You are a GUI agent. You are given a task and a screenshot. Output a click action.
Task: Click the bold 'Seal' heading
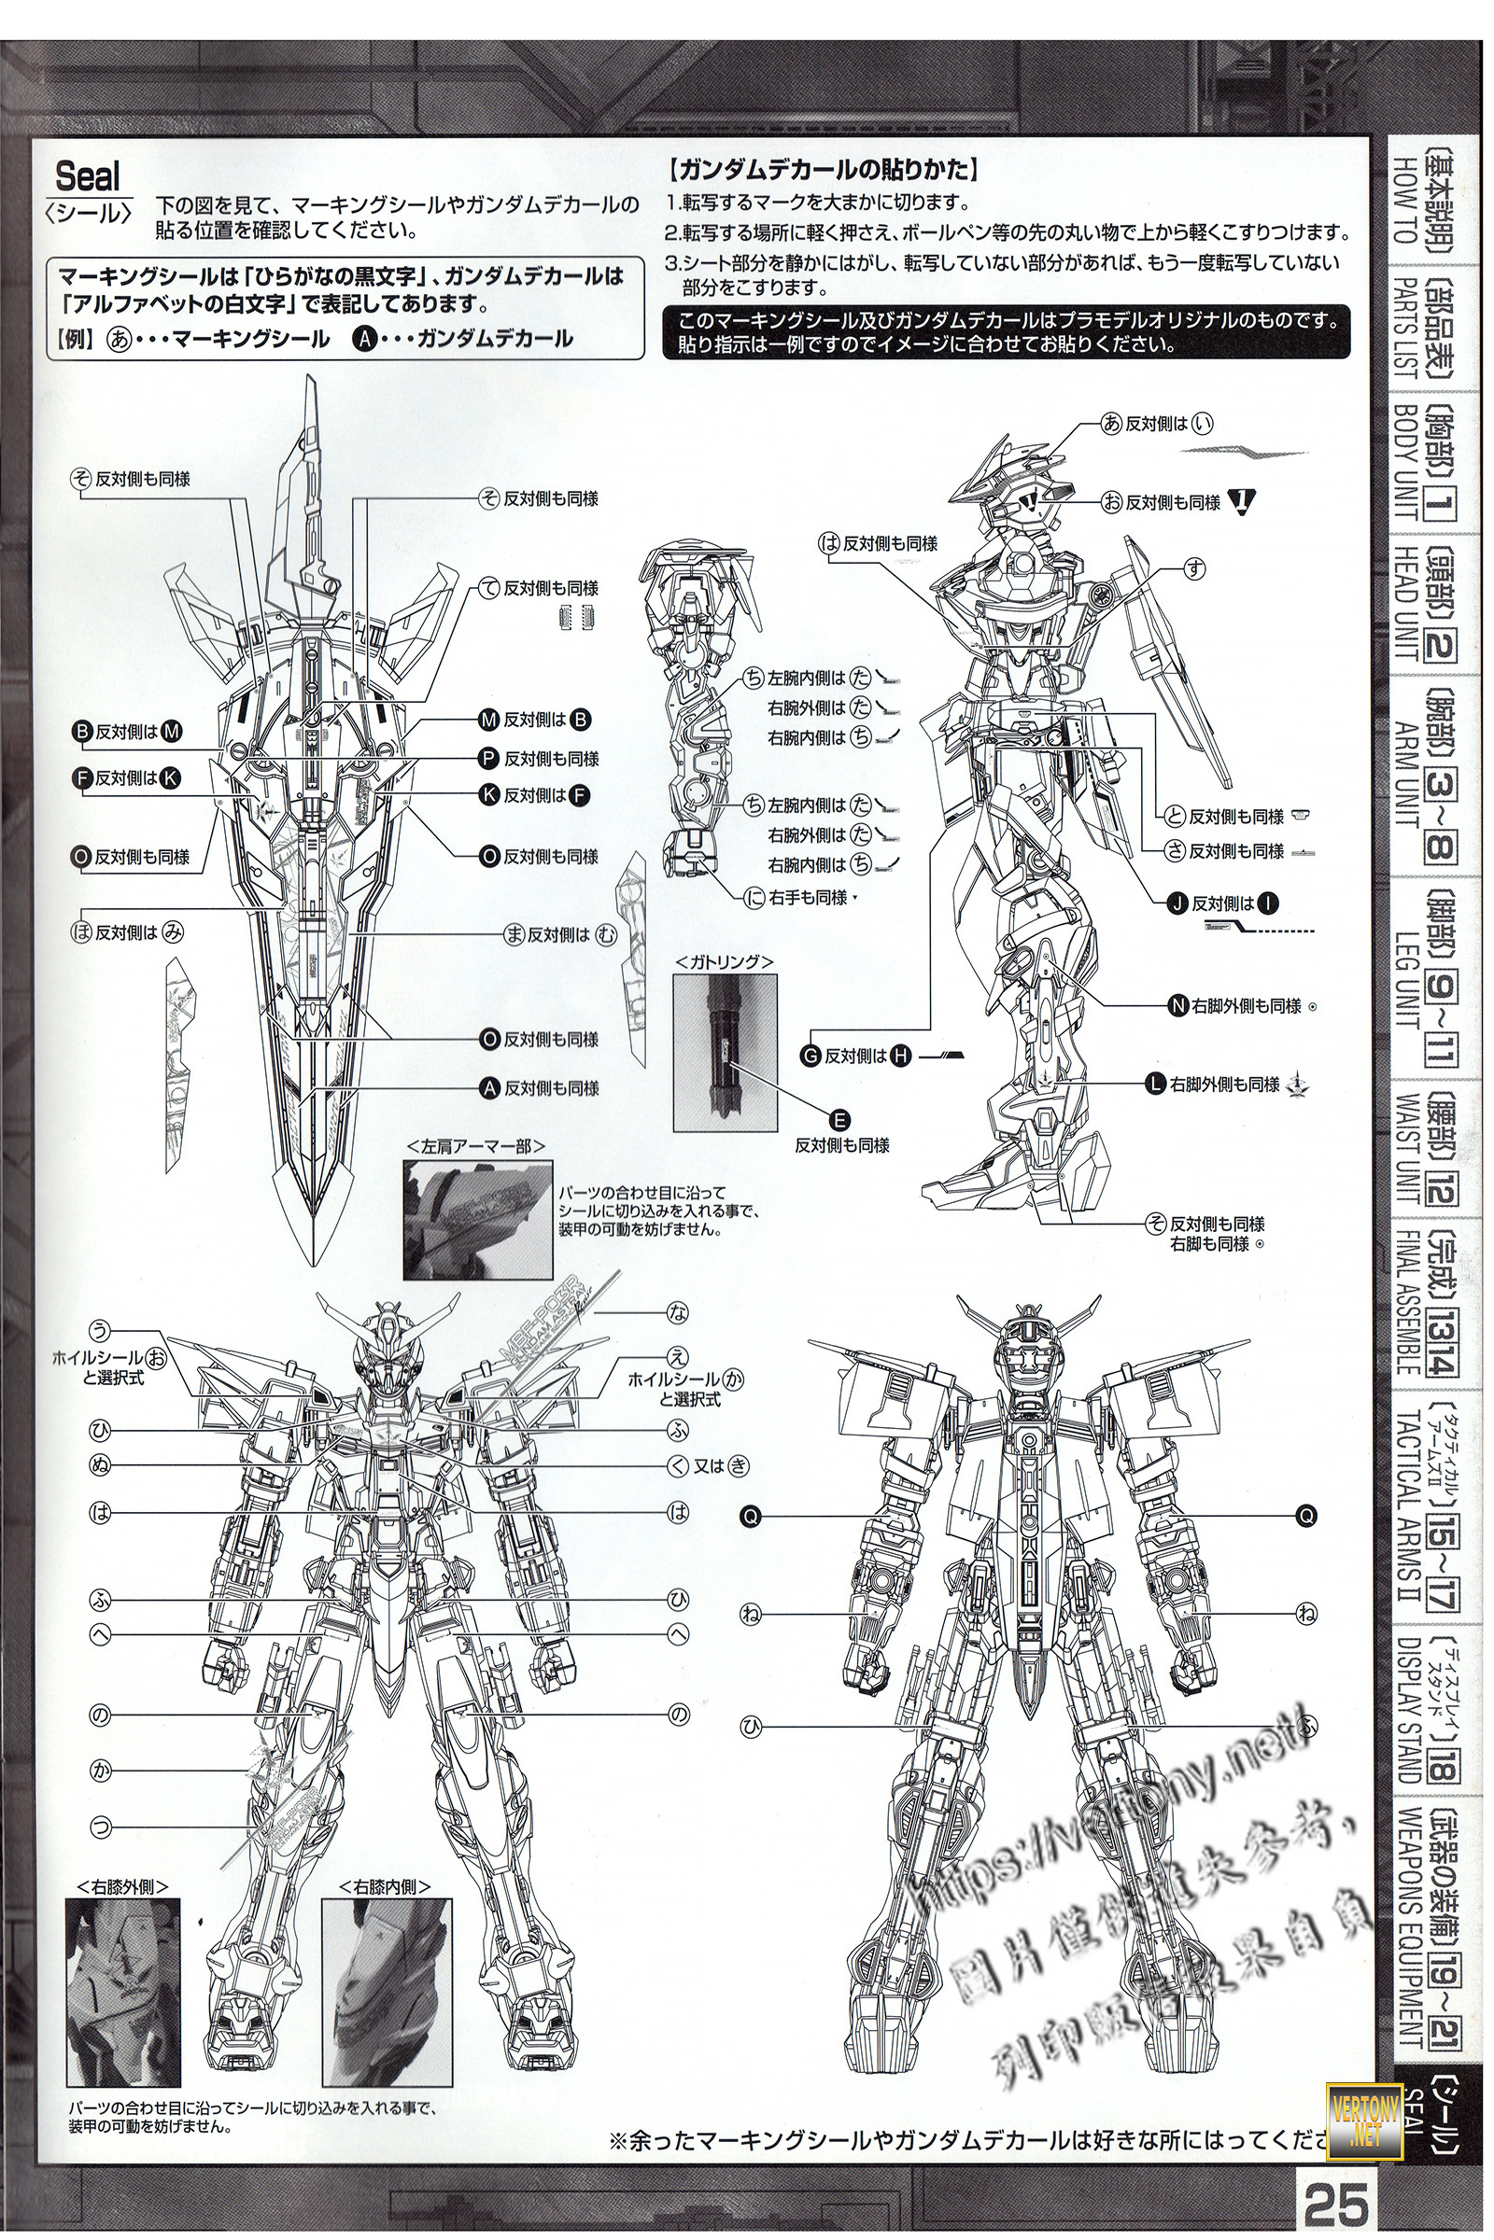[89, 176]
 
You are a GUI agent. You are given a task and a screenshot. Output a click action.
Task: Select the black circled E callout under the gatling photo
[841, 1119]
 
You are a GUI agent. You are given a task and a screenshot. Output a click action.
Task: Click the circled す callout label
[1193, 569]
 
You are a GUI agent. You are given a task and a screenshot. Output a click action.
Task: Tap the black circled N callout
[1176, 1006]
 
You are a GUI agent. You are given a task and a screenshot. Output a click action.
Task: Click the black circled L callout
[1155, 1084]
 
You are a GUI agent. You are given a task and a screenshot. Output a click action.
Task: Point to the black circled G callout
[811, 1056]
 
